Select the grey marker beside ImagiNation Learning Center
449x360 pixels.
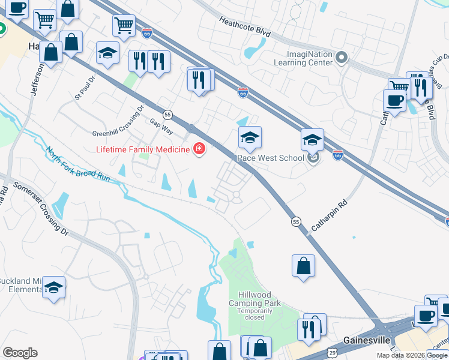tap(342, 58)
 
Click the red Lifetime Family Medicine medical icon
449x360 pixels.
tap(198, 149)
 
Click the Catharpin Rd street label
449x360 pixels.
tap(330, 217)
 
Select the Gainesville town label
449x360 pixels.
tap(367, 340)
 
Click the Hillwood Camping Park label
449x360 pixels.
tap(259, 299)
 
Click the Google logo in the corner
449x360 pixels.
tap(20, 353)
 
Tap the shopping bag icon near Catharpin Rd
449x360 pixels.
tap(304, 265)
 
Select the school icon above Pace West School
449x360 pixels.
tap(250, 138)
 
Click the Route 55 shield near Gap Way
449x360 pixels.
tap(168, 114)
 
